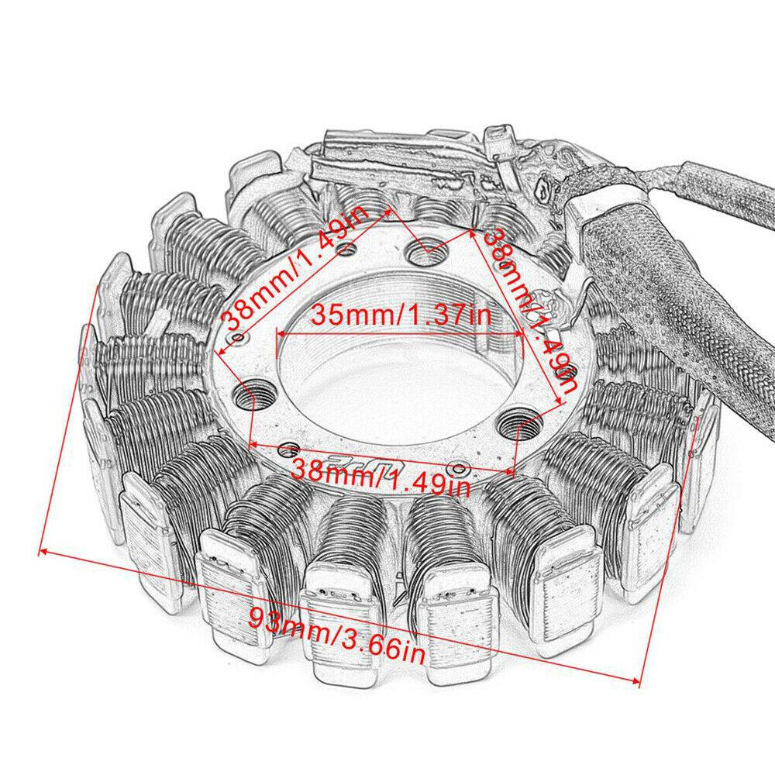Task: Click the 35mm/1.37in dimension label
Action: (401, 315)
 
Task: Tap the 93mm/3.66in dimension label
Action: (336, 631)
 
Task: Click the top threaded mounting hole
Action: (422, 253)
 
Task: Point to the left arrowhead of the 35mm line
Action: (280, 332)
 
